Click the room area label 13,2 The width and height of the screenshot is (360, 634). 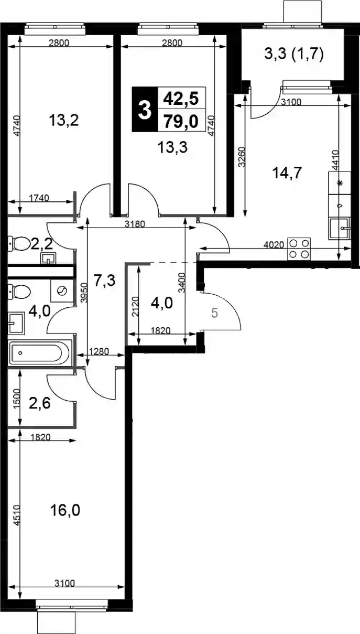point(63,121)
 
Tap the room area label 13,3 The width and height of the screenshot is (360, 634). point(172,147)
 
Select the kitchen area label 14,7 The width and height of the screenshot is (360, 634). point(287,173)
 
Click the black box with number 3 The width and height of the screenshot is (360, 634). point(145,110)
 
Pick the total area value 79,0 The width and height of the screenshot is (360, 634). point(181,122)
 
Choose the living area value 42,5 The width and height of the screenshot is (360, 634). point(181,99)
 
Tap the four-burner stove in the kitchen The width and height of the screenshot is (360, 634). point(299,249)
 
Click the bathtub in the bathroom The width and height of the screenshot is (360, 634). point(39,353)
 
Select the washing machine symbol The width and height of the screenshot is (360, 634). point(62,291)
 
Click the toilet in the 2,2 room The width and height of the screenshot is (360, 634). point(19,243)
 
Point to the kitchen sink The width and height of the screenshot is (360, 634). point(340,229)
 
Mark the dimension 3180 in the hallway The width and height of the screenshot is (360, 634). point(135,224)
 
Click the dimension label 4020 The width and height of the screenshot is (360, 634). point(274,245)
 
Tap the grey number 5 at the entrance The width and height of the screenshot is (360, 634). point(215,313)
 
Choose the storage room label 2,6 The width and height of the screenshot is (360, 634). point(40,403)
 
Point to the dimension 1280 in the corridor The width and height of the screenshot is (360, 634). point(99,352)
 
